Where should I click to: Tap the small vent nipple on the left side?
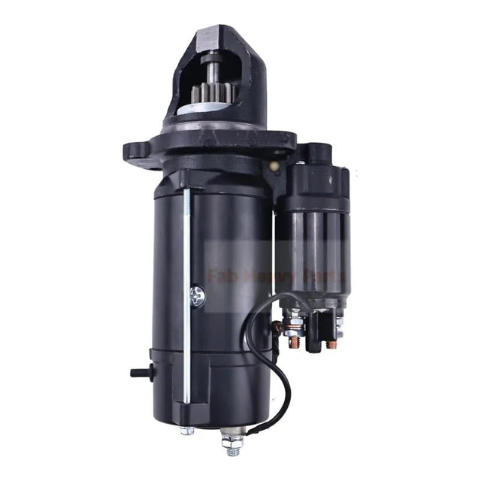click(138, 371)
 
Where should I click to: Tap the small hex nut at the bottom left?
click(186, 431)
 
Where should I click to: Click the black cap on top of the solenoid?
click(320, 153)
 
